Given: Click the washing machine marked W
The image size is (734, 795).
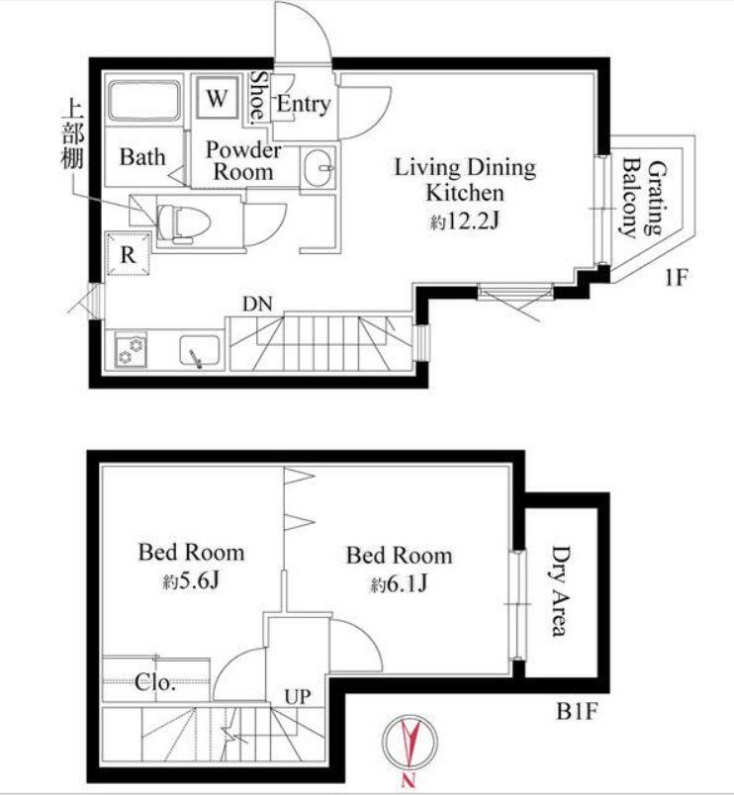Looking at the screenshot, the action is [217, 97].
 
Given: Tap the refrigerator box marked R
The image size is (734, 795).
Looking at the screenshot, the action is [128, 253].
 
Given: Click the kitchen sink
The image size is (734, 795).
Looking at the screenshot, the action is [200, 350].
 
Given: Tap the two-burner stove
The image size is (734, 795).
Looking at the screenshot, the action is [131, 350].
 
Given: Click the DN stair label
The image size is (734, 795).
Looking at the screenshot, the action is [257, 305].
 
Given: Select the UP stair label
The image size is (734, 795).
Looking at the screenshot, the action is [297, 697].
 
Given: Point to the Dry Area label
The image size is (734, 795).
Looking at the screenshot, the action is [560, 590].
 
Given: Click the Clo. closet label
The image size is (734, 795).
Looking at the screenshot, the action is [155, 682].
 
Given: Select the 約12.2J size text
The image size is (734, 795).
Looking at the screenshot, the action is [465, 221].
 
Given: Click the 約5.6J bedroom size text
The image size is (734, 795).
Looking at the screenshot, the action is [190, 582].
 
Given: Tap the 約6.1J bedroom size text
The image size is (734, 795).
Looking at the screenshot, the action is [399, 584].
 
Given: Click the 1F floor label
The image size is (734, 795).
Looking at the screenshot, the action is [677, 278].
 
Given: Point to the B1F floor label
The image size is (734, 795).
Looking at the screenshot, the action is [577, 711].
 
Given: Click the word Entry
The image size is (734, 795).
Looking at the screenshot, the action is [303, 105].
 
